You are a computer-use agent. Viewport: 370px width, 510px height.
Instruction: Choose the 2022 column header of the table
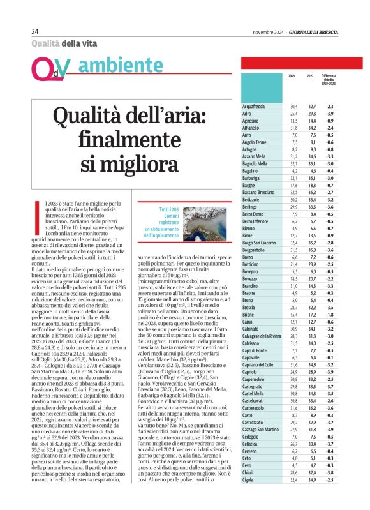tap(311, 93)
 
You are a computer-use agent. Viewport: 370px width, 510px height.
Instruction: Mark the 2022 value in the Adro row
tap(312, 113)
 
